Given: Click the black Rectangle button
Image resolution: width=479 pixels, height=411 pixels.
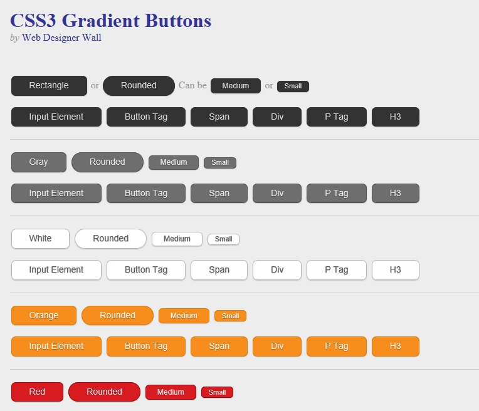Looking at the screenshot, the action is pos(49,86).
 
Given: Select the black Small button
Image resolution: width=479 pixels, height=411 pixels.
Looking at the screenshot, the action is pos(293,86).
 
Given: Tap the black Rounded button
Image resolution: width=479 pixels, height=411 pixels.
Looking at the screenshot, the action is pos(139,86).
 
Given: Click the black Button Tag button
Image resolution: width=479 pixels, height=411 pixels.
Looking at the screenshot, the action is pos(146,117).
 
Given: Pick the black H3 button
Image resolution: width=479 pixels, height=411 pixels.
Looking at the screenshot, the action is pos(395,117).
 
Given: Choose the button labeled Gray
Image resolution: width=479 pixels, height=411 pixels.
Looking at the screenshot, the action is pos(39,162).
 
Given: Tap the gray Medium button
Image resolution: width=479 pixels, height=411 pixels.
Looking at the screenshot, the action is pos(174,162).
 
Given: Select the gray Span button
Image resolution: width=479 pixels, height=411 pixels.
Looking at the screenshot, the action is pos(219,194).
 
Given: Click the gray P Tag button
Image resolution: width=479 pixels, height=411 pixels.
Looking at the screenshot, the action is pos(337,194).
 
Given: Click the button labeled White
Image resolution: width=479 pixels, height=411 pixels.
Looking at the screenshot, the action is pos(40,239).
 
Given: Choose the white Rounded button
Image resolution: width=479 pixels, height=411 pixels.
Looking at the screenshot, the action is pos(110,239).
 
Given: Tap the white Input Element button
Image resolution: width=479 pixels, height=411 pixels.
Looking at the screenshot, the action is pos(56,270).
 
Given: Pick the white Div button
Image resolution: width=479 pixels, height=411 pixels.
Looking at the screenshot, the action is pos(277,270).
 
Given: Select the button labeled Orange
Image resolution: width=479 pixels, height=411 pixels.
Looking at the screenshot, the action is pos(44,315).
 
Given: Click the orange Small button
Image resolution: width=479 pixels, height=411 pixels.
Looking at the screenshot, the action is pos(230,316).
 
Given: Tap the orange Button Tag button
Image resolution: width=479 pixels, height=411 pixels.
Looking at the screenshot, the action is pos(146,346).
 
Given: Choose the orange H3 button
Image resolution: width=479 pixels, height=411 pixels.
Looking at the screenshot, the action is pos(395,346).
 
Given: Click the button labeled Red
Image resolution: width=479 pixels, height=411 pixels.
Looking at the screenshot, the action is pos(37,392).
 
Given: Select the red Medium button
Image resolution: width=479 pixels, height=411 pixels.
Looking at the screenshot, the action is pos(171,392).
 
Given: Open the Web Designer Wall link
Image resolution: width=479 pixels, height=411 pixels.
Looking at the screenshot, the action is pos(61,38).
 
